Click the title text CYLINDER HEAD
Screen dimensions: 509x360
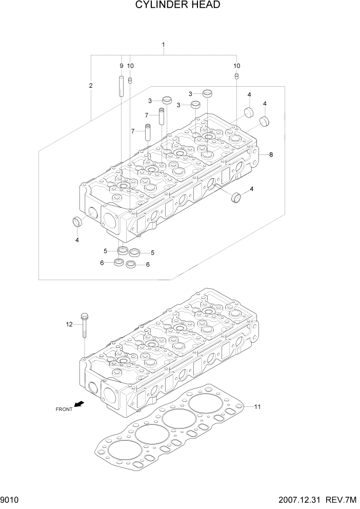(x=178, y=6)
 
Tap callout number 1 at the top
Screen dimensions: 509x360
(x=163, y=45)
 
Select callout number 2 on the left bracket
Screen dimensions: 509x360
(x=91, y=86)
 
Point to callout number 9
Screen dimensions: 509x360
(x=122, y=66)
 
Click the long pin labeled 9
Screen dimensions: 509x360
(x=122, y=86)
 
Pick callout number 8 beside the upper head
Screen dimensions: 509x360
(x=271, y=154)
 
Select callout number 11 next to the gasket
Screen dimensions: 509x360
(x=257, y=407)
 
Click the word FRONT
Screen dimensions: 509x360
(x=64, y=409)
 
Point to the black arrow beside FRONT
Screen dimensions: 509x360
(x=78, y=404)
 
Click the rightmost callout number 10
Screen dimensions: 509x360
(x=236, y=66)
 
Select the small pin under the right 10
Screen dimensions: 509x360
(x=236, y=76)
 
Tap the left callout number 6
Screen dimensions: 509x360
(x=102, y=263)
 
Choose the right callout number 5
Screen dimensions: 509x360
(x=152, y=252)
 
